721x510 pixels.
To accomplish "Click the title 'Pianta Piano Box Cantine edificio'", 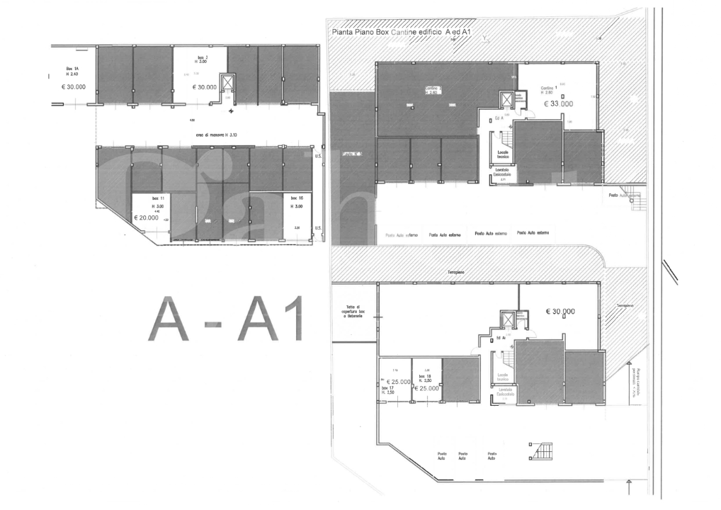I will [388, 33].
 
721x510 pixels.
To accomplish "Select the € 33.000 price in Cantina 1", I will [559, 103].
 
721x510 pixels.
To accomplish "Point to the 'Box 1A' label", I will [72, 69].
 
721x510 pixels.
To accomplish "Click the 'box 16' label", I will [297, 199].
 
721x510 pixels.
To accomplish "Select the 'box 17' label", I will [388, 389].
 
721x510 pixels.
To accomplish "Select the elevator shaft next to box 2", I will [227, 83].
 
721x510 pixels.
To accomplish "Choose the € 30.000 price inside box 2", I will [204, 87].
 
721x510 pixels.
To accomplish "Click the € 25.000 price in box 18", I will [427, 388].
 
